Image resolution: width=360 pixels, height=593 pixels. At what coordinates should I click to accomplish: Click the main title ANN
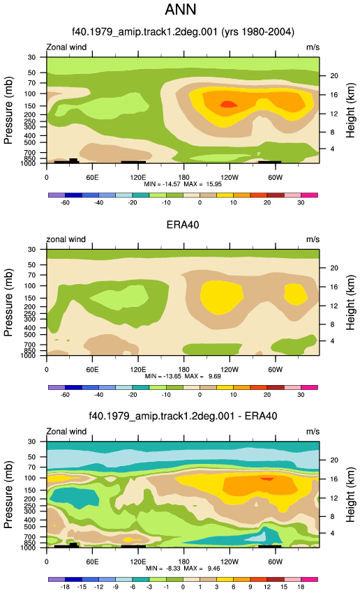click(x=181, y=10)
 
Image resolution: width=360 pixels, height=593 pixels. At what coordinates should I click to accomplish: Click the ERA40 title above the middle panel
click(x=183, y=225)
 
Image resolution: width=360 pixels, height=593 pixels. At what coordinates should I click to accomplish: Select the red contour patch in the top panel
click(x=228, y=104)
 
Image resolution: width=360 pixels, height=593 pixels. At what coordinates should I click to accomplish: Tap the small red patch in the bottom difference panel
click(x=267, y=479)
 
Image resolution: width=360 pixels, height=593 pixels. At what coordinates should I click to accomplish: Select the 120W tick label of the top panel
click(x=230, y=177)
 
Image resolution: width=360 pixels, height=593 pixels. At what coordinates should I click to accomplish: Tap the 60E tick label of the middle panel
click(x=92, y=370)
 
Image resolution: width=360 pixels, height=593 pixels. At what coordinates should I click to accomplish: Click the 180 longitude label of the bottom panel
click(x=183, y=562)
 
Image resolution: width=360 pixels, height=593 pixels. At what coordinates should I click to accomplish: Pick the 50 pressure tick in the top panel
click(x=32, y=73)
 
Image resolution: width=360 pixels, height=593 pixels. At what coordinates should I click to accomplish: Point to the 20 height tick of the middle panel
click(x=334, y=268)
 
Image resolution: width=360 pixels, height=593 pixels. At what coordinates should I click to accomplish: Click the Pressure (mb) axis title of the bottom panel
click(x=8, y=495)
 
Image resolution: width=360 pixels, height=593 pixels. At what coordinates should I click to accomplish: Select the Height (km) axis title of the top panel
click(x=350, y=110)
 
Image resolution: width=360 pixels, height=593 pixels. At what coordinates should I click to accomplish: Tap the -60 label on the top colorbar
click(x=65, y=203)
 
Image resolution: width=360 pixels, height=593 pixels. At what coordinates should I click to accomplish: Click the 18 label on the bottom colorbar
click(x=301, y=587)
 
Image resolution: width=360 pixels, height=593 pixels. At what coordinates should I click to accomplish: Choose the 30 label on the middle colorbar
click(x=301, y=395)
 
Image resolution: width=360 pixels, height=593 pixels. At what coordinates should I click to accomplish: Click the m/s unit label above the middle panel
click(x=313, y=239)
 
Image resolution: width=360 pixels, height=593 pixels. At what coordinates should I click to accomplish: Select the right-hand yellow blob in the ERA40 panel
click(x=296, y=294)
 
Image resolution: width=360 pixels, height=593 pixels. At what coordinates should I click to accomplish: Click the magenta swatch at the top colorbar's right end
click(x=309, y=195)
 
